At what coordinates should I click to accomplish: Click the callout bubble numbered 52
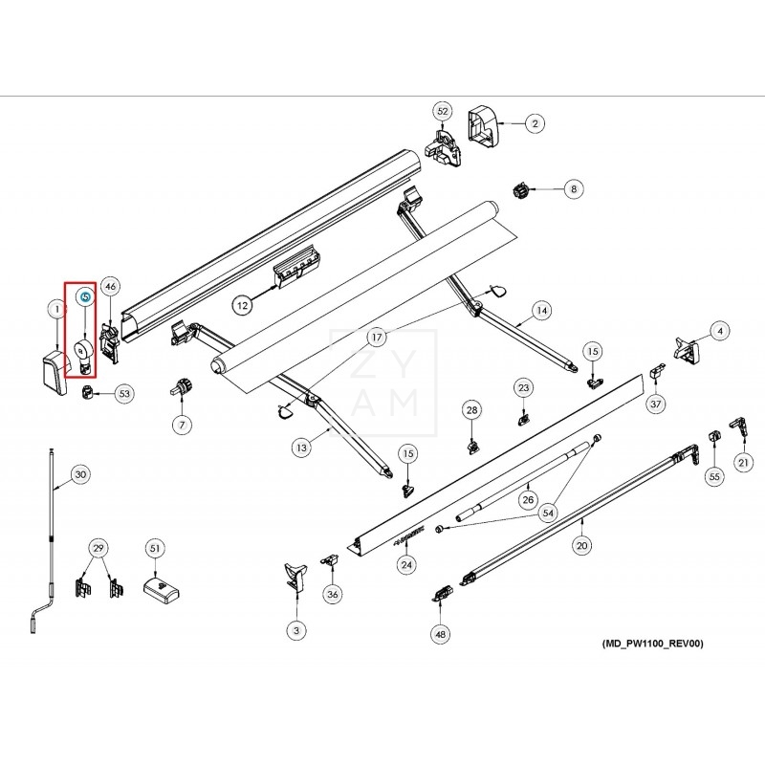point(442,111)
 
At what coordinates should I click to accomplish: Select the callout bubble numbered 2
point(535,122)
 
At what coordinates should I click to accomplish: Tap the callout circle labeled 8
point(574,189)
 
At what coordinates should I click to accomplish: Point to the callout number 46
point(111,286)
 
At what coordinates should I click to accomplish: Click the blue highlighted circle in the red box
point(84,297)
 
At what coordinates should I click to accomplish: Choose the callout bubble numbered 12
point(243,305)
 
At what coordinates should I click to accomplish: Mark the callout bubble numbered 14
point(541,310)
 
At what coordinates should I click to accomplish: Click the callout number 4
point(720,330)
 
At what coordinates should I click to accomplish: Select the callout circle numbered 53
point(124,393)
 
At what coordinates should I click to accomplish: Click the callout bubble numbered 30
point(80,474)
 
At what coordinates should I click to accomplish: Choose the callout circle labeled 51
point(154,548)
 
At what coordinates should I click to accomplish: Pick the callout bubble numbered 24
point(407,565)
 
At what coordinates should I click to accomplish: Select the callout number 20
point(581,546)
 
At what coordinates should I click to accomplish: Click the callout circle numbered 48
point(440,633)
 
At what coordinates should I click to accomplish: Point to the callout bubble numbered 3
point(296,630)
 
